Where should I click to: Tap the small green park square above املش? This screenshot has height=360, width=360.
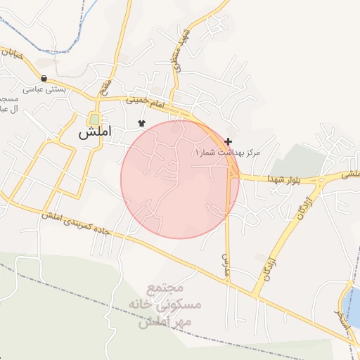(94, 119)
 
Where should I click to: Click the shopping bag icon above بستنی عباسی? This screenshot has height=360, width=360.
(45, 78)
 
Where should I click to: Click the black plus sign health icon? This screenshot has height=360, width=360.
(229, 141)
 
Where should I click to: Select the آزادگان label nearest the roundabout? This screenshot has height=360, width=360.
(300, 210)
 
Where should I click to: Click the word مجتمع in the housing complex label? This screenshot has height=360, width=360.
(165, 288)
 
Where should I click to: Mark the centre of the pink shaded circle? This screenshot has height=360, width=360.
(179, 179)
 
